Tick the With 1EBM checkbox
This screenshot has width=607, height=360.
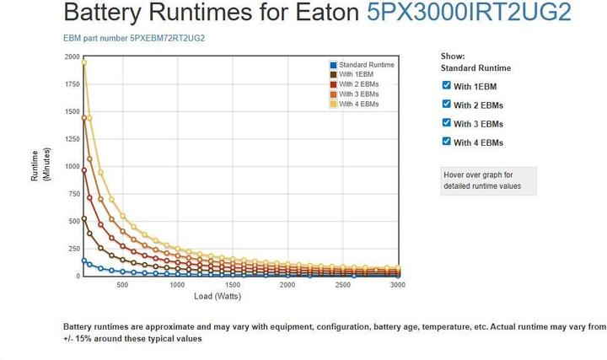pyautogui.click(x=447, y=85)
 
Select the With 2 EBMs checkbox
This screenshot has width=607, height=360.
pyautogui.click(x=447, y=104)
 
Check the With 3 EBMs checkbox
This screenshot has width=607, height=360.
pyautogui.click(x=447, y=123)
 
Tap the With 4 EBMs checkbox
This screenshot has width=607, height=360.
pyautogui.click(x=447, y=142)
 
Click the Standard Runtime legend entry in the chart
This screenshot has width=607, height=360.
pyautogui.click(x=362, y=65)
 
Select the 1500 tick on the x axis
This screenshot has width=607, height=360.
pyautogui.click(x=233, y=285)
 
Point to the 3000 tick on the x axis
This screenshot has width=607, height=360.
pyautogui.click(x=398, y=285)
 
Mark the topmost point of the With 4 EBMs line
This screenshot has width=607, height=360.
pyautogui.click(x=83, y=62)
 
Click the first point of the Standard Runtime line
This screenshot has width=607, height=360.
pyautogui.click(x=83, y=261)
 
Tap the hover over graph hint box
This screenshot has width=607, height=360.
pyautogui.click(x=488, y=180)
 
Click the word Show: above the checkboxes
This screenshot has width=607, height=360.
pyautogui.click(x=453, y=56)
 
